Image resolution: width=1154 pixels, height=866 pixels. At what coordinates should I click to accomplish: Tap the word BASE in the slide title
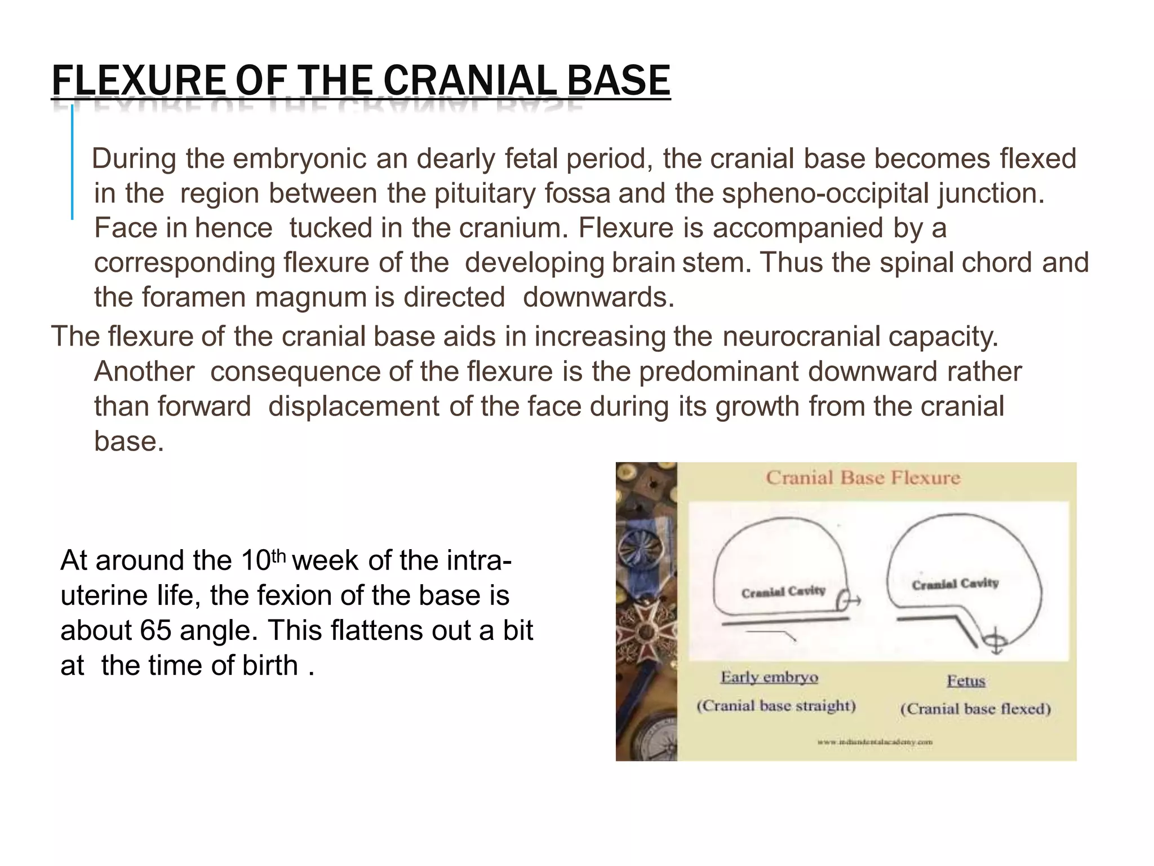click(618, 81)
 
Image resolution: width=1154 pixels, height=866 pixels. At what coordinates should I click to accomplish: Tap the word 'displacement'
click(353, 407)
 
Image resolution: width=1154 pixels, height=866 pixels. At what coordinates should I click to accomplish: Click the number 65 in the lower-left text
click(156, 630)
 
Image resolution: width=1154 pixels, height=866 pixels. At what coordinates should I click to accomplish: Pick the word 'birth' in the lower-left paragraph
click(270, 665)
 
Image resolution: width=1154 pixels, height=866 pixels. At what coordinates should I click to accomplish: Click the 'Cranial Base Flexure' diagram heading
click(863, 478)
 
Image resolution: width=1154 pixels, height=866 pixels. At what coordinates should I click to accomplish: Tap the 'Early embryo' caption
click(769, 677)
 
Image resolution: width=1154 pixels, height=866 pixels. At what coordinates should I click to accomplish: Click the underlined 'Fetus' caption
click(966, 681)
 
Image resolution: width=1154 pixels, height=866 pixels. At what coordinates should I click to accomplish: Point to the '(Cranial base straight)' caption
click(776, 706)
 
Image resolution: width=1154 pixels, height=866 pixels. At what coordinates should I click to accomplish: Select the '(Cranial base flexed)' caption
click(975, 709)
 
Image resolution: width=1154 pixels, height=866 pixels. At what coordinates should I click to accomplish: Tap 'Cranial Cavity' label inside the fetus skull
click(955, 584)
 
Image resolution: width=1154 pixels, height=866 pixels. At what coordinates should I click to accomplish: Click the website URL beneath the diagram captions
click(875, 742)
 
